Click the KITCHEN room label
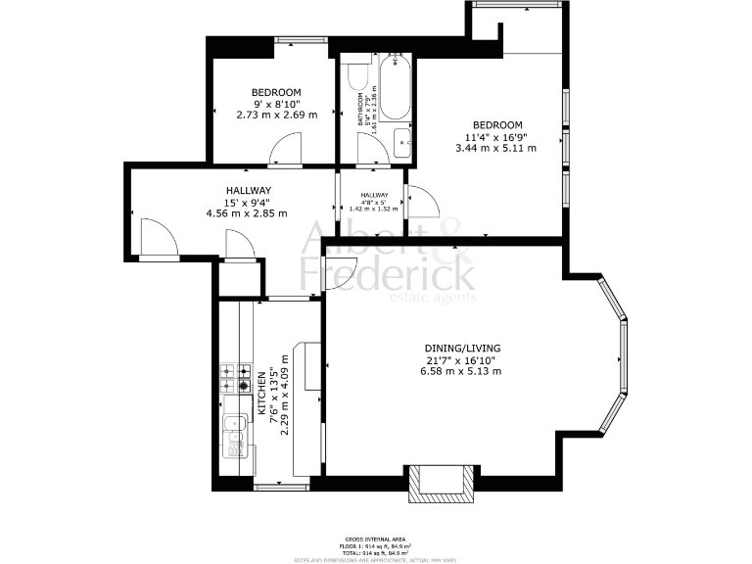pos(260,394)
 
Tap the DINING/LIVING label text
pos(462,348)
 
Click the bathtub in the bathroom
pos(396,88)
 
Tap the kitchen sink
pos(234,436)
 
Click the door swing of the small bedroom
pos(288,150)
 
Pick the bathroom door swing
pos(371,150)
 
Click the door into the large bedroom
pos(422,201)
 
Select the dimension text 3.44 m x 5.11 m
pos(496,148)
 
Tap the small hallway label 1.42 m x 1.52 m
pos(373,209)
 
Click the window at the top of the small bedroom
pos(293,39)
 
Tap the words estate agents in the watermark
pos(433,298)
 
